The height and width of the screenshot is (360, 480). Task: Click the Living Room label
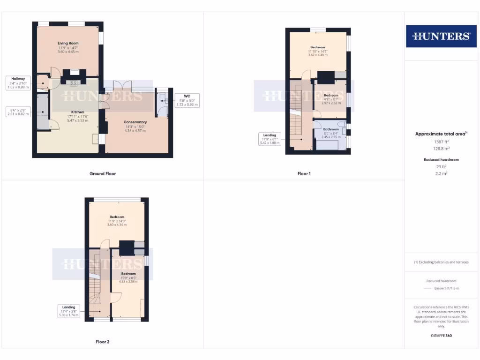tap(68, 43)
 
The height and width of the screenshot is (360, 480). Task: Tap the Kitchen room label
tap(78, 112)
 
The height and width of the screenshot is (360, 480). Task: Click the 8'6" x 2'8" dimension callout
tap(18, 112)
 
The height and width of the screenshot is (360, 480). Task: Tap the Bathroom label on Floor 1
tap(331, 129)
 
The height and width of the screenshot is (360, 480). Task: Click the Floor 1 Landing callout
tap(270, 139)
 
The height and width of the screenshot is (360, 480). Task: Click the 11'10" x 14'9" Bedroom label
tap(318, 47)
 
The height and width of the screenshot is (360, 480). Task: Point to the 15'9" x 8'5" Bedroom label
tap(128, 274)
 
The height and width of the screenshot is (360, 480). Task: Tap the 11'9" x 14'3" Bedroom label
tap(117, 217)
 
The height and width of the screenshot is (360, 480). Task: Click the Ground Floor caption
tap(103, 173)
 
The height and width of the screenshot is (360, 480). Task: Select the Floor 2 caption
tap(103, 342)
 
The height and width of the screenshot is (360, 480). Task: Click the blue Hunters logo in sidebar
tap(441, 36)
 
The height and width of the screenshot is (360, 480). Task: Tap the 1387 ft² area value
tap(441, 141)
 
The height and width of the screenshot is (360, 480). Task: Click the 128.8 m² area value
tap(441, 148)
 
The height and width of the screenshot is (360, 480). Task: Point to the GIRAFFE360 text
tap(441, 336)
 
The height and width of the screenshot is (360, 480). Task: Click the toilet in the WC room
tap(162, 99)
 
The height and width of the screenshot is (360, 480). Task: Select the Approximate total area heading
tap(441, 134)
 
